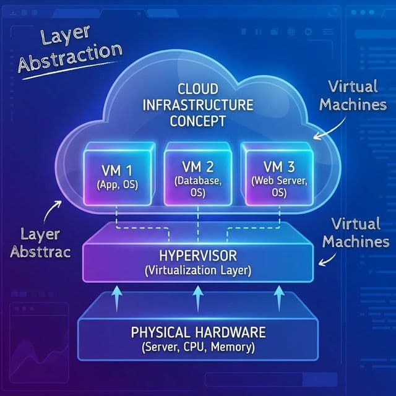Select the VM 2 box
pyautogui.click(x=197, y=175)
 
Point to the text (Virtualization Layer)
pyautogui.click(x=197, y=270)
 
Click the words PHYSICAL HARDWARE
pyautogui.click(x=197, y=332)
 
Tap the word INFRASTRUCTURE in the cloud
pyautogui.click(x=198, y=104)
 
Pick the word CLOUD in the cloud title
pyautogui.click(x=198, y=89)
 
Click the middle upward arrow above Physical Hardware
pyautogui.click(x=197, y=297)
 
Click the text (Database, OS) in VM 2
pyautogui.click(x=197, y=187)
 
